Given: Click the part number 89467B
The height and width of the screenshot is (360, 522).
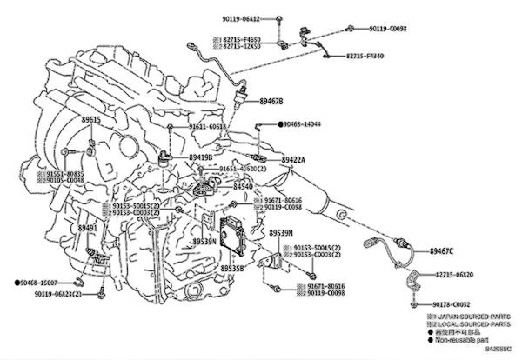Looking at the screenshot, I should [271, 102].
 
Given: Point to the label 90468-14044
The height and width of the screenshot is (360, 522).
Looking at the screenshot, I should [304, 125].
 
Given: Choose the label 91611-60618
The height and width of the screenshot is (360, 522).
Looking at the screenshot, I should [210, 127].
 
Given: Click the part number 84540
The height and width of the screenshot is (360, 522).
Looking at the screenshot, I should [244, 186].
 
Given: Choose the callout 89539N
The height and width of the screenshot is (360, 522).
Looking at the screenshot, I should [204, 242].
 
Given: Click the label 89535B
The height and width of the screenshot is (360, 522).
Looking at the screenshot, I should [231, 270].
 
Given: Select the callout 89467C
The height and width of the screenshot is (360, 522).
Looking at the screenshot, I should [441, 251].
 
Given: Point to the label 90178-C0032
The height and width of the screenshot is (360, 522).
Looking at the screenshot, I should [452, 304].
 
